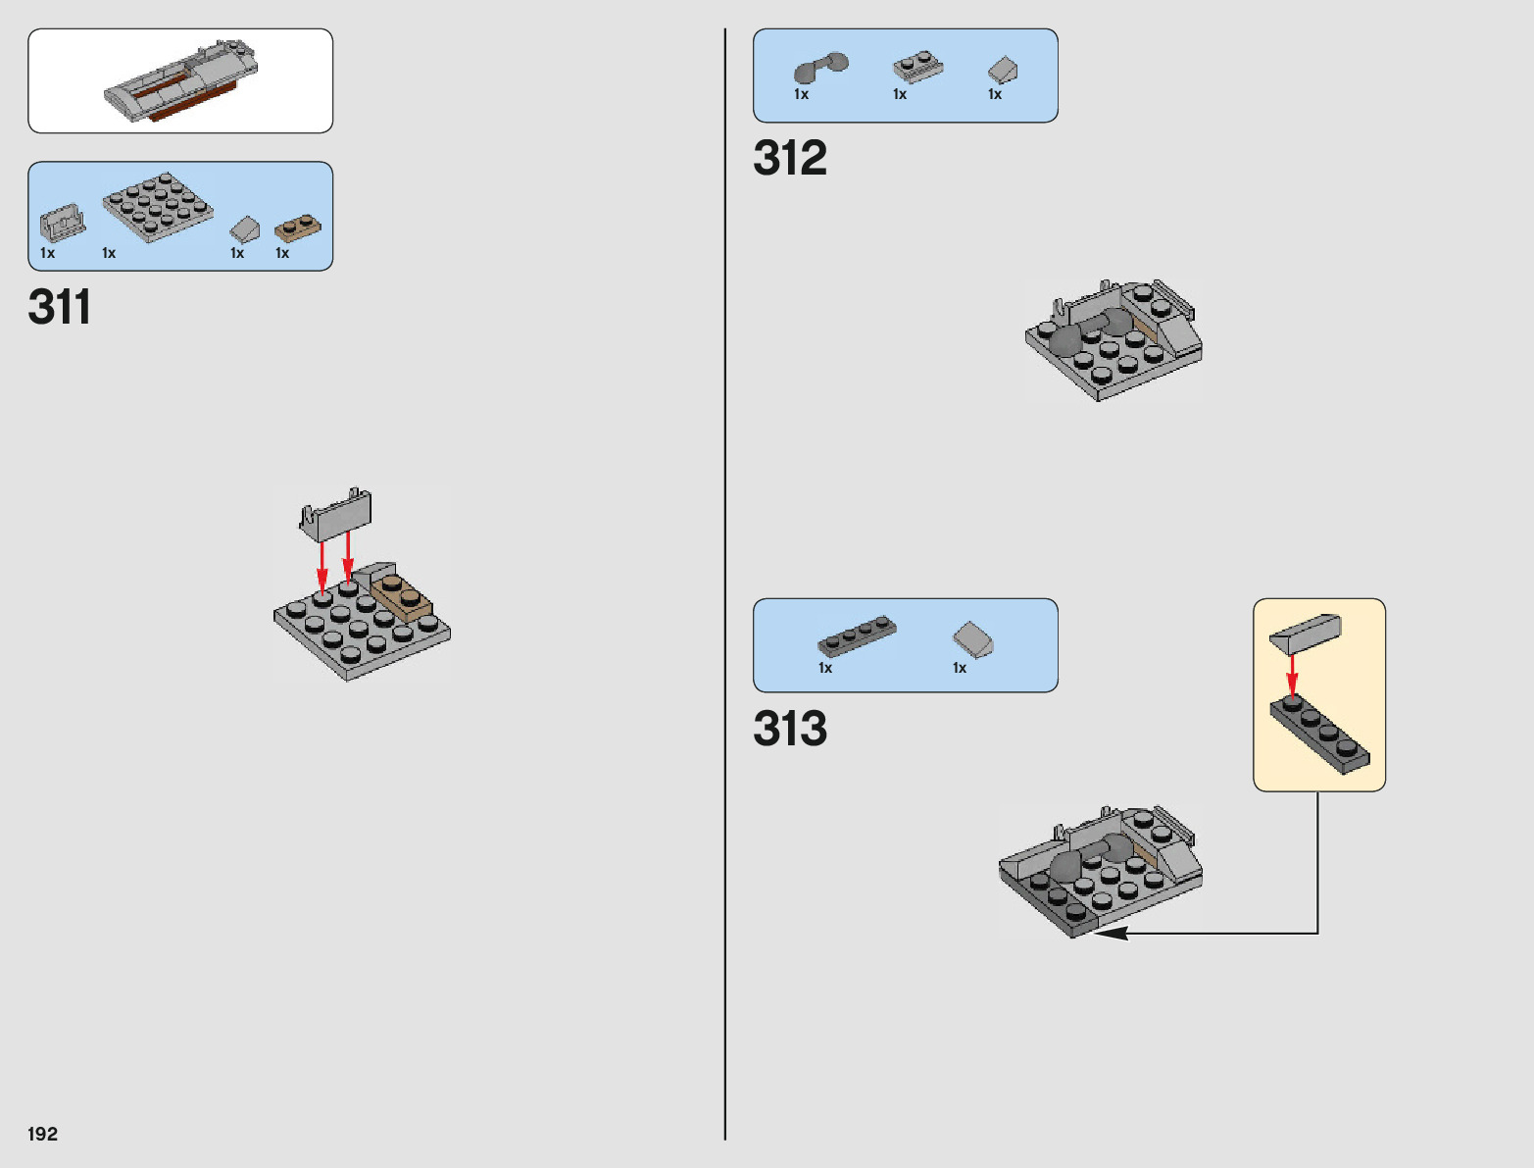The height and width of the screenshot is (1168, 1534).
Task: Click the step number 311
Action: point(60,307)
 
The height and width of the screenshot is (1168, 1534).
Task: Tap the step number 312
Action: point(790,158)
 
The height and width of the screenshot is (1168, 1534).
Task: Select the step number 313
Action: point(790,729)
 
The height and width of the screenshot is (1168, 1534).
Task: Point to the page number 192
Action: point(43,1135)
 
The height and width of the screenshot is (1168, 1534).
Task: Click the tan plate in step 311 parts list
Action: point(296,229)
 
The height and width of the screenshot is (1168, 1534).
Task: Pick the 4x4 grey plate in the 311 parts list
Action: point(157,205)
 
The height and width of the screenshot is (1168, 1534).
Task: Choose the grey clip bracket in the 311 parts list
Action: point(63,223)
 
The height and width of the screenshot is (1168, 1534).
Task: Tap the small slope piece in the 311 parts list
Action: point(244,229)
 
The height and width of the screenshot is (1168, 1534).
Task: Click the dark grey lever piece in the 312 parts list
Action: point(819,68)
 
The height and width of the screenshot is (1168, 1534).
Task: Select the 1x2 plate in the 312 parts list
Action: point(917,68)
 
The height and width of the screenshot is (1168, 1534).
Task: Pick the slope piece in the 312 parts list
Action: point(1002,70)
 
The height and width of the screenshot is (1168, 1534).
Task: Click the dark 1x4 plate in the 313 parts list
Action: point(857,635)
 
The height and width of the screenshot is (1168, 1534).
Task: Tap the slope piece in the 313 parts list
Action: point(973,639)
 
